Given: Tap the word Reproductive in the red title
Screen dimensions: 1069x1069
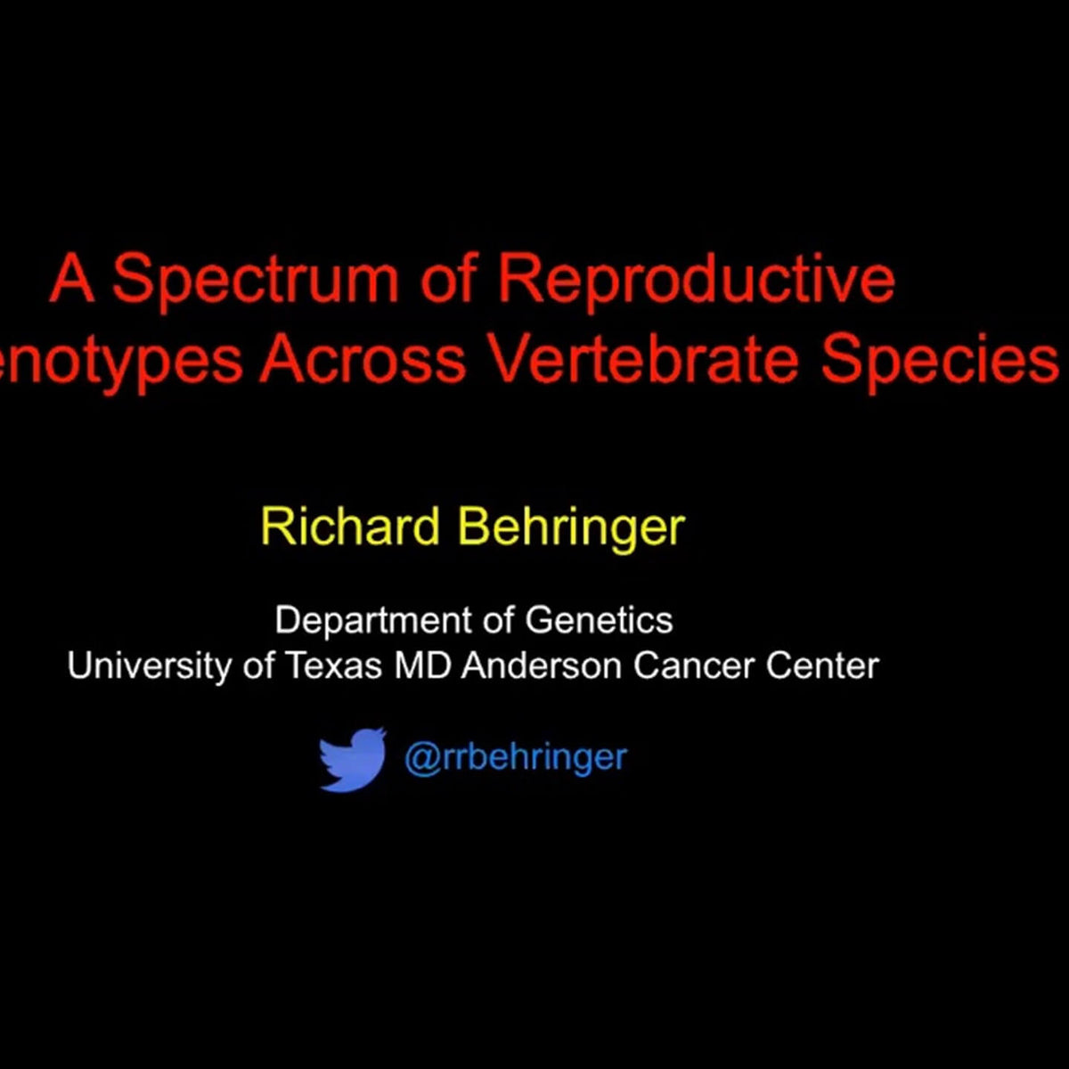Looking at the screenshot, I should (695, 280).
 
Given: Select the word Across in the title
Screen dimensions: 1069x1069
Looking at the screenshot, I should (362, 360).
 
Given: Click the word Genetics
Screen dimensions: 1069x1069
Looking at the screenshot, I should (599, 620).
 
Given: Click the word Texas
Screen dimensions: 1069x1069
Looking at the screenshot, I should (333, 666).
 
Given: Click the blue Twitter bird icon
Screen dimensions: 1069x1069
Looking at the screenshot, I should (353, 759).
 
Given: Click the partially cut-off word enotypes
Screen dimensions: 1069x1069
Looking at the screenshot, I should (121, 362).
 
